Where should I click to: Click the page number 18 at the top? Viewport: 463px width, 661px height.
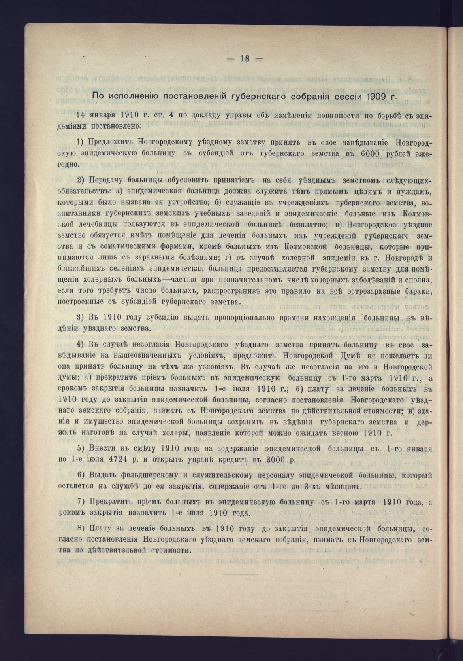click(245, 59)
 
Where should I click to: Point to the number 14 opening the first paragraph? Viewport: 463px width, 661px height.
click(80, 116)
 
